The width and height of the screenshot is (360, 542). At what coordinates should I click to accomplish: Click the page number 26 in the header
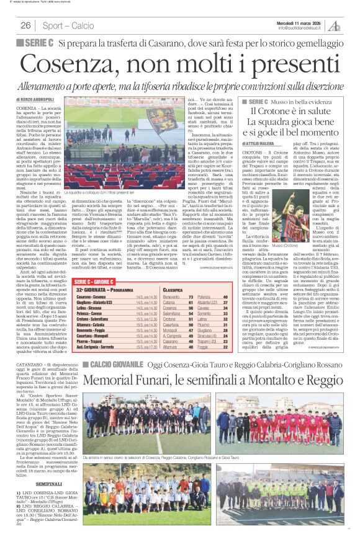tap(26, 25)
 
